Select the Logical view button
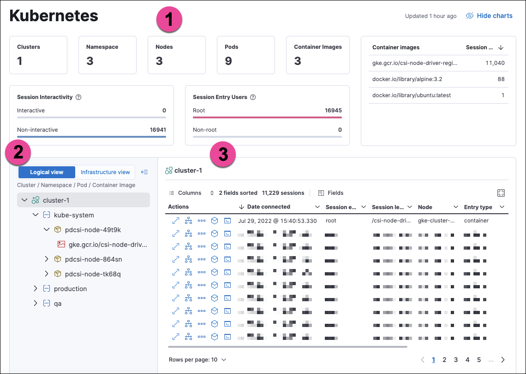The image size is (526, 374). [47, 172]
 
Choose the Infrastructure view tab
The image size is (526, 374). [105, 172]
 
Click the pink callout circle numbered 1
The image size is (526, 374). [169, 20]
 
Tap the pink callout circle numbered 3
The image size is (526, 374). [223, 154]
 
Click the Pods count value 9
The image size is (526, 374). [228, 61]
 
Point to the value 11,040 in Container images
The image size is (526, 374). [495, 63]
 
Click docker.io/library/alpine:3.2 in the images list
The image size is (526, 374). [407, 79]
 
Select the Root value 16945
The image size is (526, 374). [333, 111]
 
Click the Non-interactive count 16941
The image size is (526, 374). [158, 130]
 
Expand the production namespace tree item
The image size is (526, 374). [36, 289]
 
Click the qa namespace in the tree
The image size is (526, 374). [58, 304]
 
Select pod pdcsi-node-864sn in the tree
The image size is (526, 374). [93, 259]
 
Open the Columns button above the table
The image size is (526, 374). [185, 193]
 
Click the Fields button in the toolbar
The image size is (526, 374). [331, 193]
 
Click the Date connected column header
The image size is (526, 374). [269, 207]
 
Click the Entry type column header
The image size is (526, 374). [478, 207]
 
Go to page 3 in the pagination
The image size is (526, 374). [456, 360]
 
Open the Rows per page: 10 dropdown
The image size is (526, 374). [197, 360]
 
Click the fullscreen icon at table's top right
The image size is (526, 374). [501, 193]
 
